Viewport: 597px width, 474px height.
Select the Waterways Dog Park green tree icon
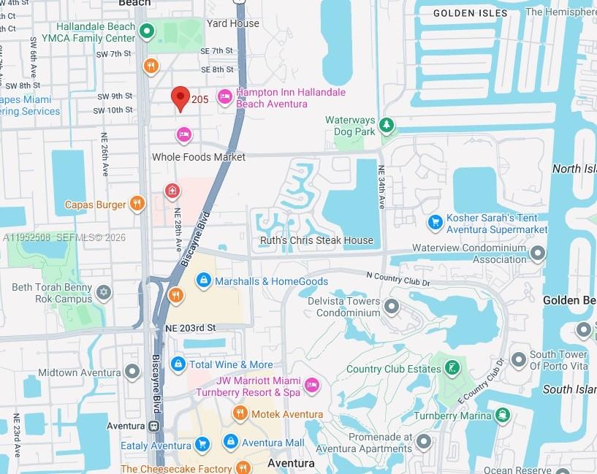point(387,126)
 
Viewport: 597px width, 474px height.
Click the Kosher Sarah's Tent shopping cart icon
point(436,221)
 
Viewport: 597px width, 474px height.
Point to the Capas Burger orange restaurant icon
point(137,204)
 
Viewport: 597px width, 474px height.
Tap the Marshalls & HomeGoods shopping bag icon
point(204,280)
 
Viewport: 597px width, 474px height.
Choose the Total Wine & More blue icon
point(178,364)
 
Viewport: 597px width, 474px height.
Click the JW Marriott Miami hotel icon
point(312,385)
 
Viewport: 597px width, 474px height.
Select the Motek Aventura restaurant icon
point(240,414)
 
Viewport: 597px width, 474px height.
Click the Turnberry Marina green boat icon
point(503,416)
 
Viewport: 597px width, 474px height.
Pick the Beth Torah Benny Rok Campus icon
point(104,293)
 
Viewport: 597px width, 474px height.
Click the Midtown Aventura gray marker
point(132,372)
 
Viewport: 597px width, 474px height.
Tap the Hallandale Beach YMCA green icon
point(148,31)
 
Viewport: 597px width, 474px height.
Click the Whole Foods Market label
point(199,157)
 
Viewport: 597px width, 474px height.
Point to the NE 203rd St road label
point(191,329)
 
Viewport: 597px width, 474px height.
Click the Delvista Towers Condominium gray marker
point(392,306)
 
